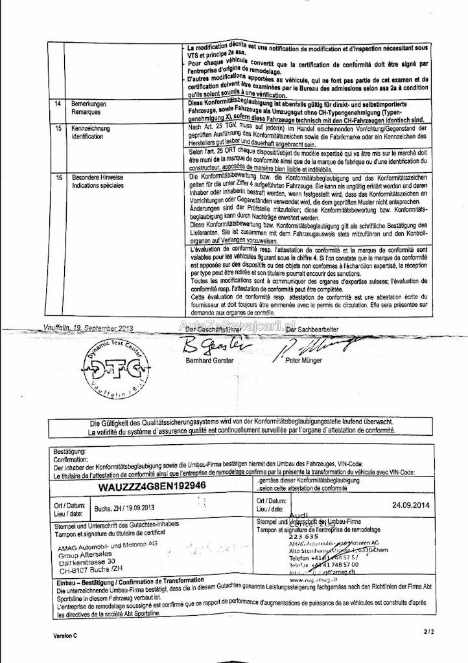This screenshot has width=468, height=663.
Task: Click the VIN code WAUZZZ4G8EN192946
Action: (152, 486)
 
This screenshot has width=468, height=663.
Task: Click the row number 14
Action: (58, 104)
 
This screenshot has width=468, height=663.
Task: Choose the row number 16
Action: (58, 176)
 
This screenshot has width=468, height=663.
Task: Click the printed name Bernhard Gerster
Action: (209, 360)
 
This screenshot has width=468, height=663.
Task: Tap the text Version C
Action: (65, 636)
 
